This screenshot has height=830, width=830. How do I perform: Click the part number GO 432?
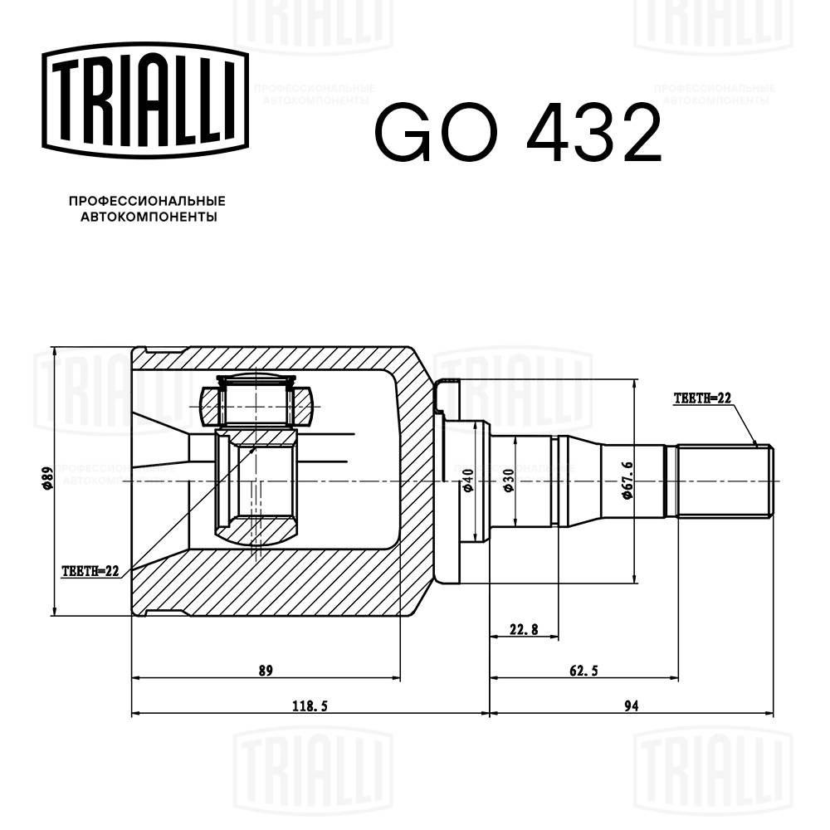518,134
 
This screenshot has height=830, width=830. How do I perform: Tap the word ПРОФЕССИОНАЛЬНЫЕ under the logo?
147,201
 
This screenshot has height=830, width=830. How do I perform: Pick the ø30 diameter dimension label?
508,482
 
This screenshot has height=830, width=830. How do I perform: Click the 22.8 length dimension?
524,630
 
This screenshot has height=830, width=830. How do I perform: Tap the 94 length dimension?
631,706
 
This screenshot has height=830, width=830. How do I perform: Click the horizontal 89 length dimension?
266,671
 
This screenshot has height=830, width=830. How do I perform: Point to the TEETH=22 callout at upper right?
701,398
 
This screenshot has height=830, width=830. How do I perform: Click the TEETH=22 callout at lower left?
90,571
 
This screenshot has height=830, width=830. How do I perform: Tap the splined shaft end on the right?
724,481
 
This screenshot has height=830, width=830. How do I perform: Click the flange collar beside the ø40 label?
448,481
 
